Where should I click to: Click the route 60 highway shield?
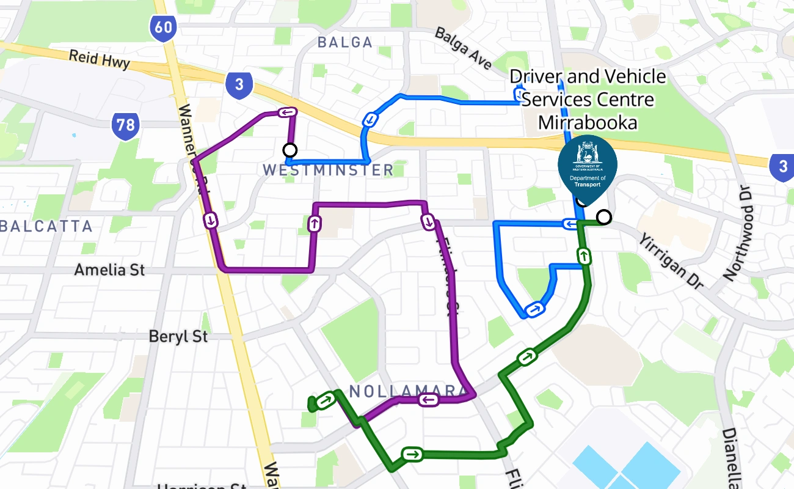point(162,26)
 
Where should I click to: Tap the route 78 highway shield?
point(125,126)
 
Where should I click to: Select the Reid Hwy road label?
point(99,60)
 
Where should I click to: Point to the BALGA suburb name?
point(345,42)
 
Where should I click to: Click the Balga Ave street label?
point(464,48)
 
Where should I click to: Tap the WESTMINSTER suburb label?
point(328,170)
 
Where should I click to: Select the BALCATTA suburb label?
point(46,226)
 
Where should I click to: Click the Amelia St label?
point(109,270)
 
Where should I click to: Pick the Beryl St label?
point(178,336)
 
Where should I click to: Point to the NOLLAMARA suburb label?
point(404,391)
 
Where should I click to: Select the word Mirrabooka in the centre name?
point(588,122)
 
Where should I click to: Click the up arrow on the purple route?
point(315,224)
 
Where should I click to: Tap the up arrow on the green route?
point(585,256)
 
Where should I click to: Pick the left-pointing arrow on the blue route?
point(570,225)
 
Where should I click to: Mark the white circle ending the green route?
point(604,217)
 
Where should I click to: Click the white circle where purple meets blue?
point(290,150)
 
